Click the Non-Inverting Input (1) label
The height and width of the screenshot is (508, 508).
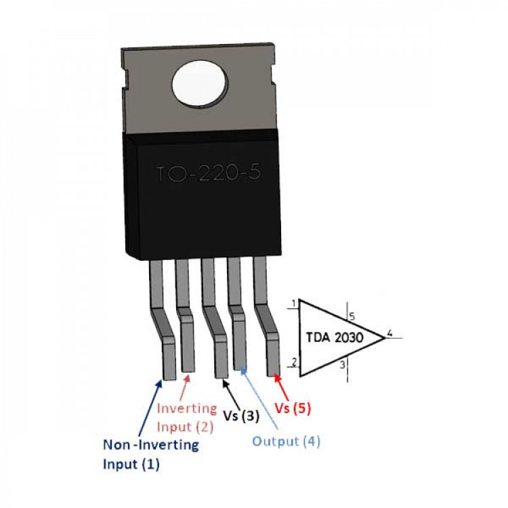pos(150,454)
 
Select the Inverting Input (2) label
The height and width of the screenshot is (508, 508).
pos(186,418)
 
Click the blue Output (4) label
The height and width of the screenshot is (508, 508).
pos(286,442)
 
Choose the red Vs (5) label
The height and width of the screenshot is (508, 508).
pos(293,408)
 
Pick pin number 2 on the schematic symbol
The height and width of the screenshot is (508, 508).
pos(293,362)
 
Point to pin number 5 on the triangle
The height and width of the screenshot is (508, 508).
pos(352,315)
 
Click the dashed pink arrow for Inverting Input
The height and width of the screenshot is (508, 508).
pos(184,387)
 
